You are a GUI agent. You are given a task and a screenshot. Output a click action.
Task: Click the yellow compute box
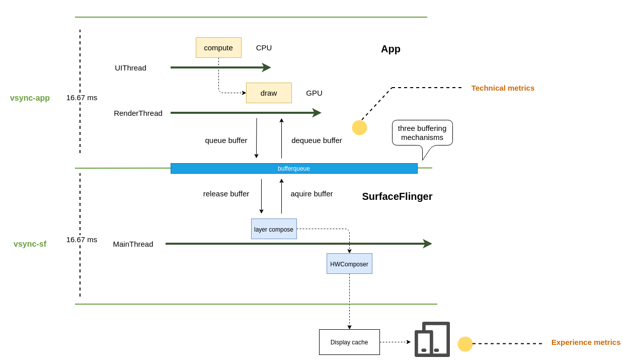(x=218, y=47)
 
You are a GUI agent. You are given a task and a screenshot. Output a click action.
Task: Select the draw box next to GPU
(x=269, y=93)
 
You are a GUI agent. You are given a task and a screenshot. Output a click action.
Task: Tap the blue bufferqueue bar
(x=294, y=168)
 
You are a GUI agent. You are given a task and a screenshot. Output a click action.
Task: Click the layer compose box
(x=274, y=229)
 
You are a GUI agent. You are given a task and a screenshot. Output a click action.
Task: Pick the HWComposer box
(x=349, y=264)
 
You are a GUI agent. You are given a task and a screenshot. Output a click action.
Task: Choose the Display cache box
(x=349, y=342)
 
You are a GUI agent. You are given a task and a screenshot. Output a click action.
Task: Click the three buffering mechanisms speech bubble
(x=422, y=133)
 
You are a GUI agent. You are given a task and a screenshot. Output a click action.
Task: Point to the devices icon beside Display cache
(x=432, y=339)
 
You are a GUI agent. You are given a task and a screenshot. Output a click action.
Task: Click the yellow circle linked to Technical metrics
(x=359, y=128)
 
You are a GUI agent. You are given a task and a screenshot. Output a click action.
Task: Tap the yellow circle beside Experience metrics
(x=465, y=344)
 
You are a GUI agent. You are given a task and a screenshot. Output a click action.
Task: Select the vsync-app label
(x=30, y=98)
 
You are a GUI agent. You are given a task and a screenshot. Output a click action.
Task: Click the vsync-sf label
(x=30, y=244)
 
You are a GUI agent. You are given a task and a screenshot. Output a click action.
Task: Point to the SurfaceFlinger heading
(x=397, y=196)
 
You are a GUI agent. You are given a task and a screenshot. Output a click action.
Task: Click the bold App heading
(x=391, y=49)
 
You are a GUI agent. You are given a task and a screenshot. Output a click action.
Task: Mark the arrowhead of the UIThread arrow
(x=268, y=67)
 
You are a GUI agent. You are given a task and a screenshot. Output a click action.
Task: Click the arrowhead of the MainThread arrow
(x=428, y=244)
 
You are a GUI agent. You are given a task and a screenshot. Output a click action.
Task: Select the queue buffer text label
(x=226, y=140)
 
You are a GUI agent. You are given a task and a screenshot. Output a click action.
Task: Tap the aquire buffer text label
(x=311, y=194)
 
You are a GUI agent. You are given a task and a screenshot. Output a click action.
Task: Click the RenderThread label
(x=138, y=113)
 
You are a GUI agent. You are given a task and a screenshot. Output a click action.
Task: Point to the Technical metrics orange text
(x=503, y=88)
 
